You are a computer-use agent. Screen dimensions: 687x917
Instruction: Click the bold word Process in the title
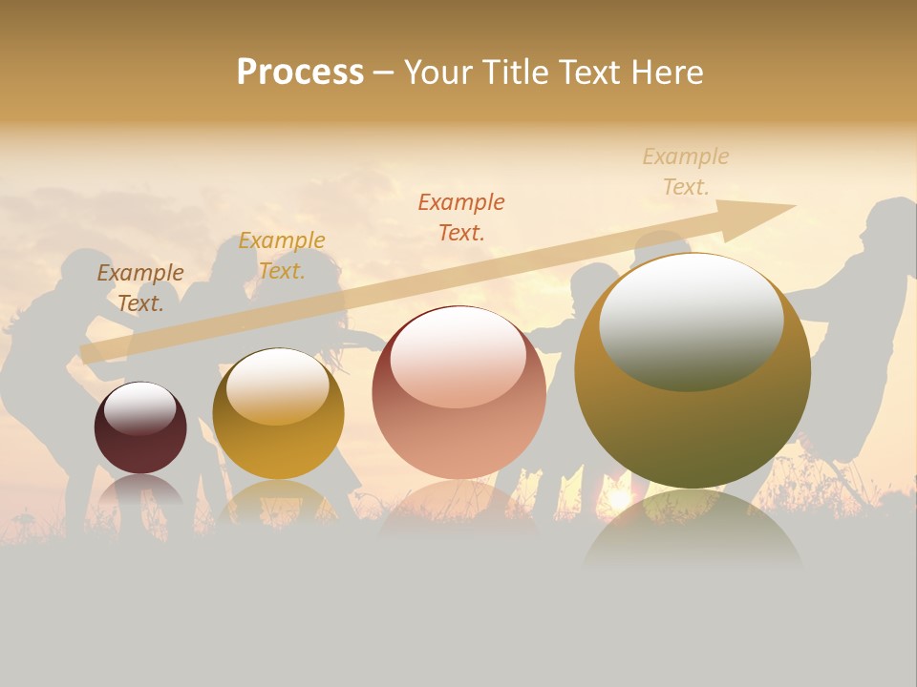pyautogui.click(x=300, y=73)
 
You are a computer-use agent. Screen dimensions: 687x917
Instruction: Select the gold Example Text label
pyautogui.click(x=282, y=256)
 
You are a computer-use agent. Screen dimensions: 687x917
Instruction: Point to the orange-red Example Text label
pyautogui.click(x=461, y=217)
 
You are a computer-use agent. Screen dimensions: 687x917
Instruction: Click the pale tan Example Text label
pyautogui.click(x=686, y=172)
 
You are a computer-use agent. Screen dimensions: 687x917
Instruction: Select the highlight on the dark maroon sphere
pyautogui.click(x=139, y=408)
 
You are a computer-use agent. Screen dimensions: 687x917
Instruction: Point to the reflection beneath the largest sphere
pyautogui.click(x=693, y=530)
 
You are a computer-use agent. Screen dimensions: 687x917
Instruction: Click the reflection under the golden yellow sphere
pyautogui.click(x=278, y=501)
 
